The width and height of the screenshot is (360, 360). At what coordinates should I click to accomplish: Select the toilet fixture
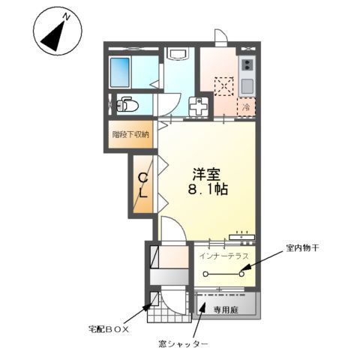(x=127, y=105)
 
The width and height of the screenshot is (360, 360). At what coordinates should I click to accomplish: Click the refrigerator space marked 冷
(x=245, y=106)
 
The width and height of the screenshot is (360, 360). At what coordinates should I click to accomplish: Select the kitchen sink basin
(x=246, y=85)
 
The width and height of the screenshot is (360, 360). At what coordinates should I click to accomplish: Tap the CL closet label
(x=142, y=186)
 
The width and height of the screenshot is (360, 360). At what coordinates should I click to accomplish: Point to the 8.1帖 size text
(x=208, y=190)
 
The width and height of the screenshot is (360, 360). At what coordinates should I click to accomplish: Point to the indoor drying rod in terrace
(x=224, y=274)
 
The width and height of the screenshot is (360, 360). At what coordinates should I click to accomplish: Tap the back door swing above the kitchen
(x=220, y=37)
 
